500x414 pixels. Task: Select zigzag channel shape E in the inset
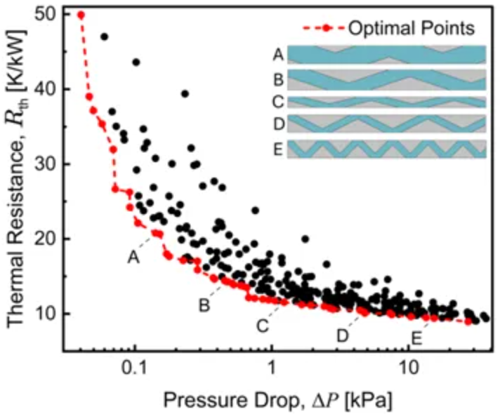387,149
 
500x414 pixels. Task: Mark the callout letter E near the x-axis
416,338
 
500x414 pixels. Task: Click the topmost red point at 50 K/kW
81,14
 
